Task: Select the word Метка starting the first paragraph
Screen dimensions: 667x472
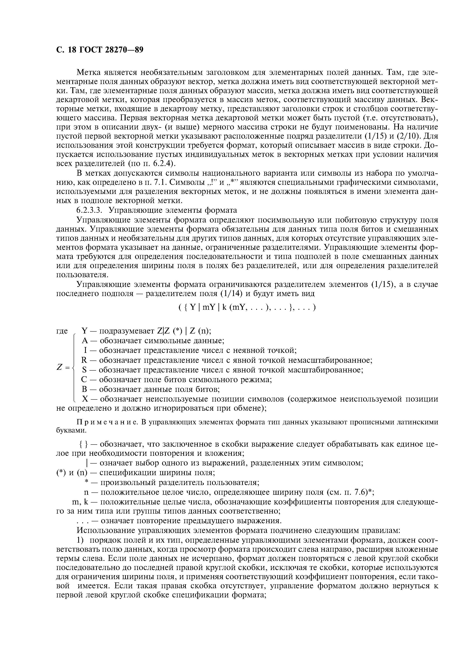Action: click(x=89, y=72)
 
